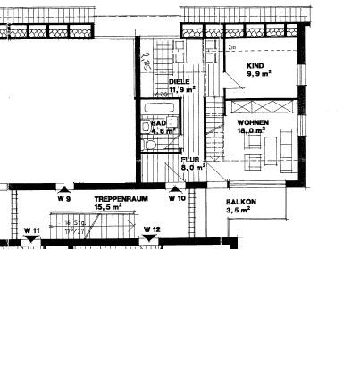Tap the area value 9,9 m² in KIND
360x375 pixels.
point(258,75)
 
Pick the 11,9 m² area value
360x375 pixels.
point(181,89)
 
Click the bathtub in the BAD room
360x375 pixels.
point(159,108)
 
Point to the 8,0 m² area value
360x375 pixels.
point(194,166)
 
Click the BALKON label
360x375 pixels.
point(241,202)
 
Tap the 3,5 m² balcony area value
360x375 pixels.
point(240,212)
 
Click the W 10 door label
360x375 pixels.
point(176,198)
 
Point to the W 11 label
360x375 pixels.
point(31,230)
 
